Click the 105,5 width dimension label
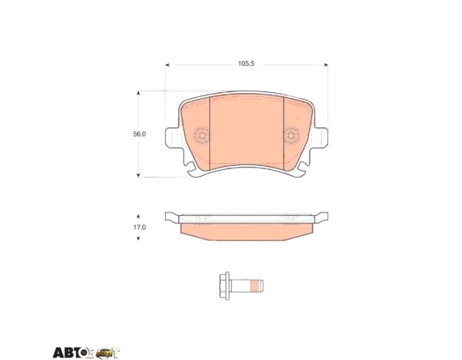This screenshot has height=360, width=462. click(x=246, y=64)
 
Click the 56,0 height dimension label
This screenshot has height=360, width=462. click(x=139, y=134)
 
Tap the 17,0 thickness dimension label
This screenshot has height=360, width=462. click(x=139, y=228)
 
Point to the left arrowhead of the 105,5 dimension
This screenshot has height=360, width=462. click(x=167, y=65)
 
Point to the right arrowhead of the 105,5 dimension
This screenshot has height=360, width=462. click(x=326, y=65)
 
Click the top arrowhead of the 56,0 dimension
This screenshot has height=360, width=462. click(x=138, y=93)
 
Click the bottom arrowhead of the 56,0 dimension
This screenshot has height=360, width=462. click(x=138, y=175)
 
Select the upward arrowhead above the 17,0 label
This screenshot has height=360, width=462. click(x=138, y=217)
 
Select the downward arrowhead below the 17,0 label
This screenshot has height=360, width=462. click(x=138, y=238)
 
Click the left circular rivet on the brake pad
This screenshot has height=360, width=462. click(x=202, y=136)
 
